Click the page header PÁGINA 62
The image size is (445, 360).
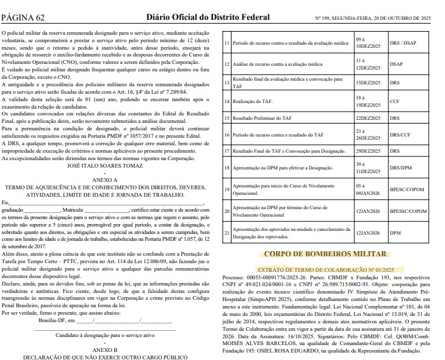(25, 8)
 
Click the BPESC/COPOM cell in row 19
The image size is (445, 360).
(408, 189)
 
